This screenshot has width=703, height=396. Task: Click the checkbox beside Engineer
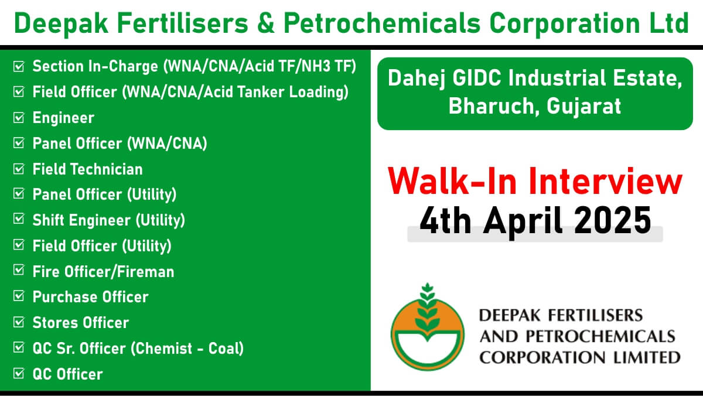click(19, 118)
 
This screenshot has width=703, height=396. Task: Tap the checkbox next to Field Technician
click(19, 169)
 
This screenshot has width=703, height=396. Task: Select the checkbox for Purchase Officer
click(19, 296)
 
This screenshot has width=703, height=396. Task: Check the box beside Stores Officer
click(19, 322)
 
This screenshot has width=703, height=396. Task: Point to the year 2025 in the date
click(613, 221)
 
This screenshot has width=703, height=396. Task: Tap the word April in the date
click(523, 222)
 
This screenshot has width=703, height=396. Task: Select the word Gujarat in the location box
click(583, 107)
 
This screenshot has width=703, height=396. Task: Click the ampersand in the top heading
click(266, 23)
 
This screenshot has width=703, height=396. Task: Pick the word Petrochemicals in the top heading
click(382, 23)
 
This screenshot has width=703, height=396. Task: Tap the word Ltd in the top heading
click(669, 23)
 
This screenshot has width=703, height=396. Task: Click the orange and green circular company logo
click(427, 327)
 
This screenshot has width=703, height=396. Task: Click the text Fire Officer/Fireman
click(103, 272)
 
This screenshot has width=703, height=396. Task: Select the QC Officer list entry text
click(68, 374)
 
